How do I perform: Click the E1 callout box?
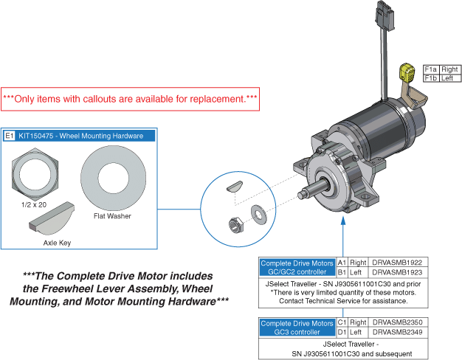(10, 136)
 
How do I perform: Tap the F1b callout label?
(430, 77)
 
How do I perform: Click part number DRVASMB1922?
(397, 262)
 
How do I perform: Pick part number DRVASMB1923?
(397, 271)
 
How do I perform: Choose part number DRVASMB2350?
(397, 323)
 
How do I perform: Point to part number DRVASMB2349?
(397, 333)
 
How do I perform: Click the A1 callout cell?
(342, 262)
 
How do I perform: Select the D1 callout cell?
(342, 333)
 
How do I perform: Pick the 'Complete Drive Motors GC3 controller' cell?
(297, 328)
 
